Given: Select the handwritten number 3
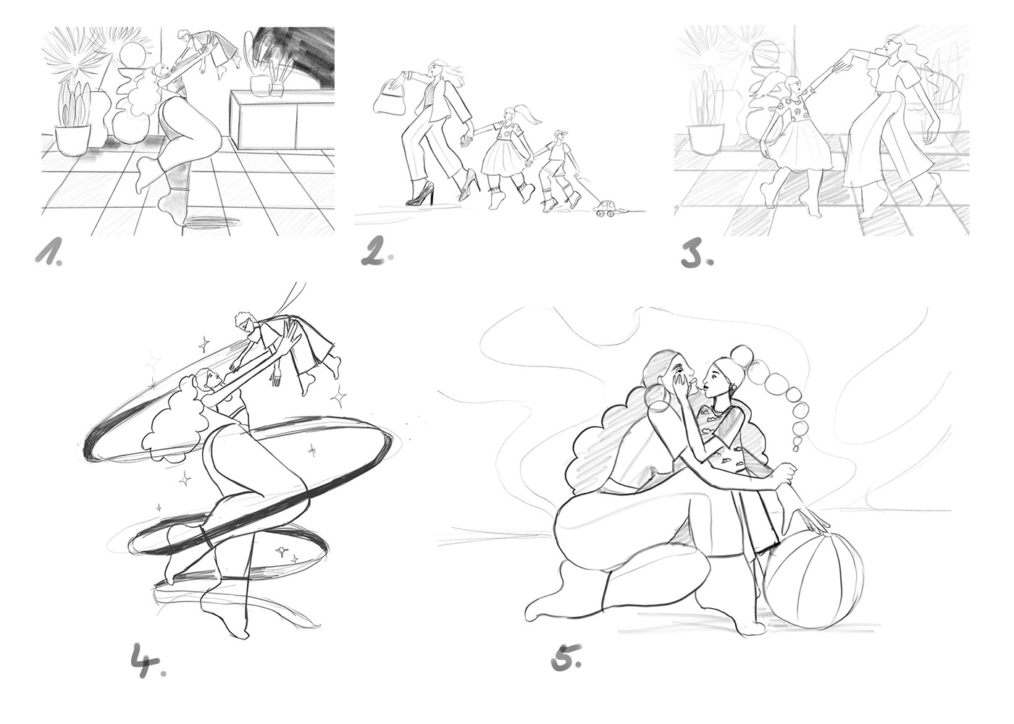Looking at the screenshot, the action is tap(697, 256).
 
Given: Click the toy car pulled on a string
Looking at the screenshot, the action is tap(605, 209).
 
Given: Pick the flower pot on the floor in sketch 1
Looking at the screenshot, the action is tap(71, 140).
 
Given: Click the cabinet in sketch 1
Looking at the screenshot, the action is tap(282, 120).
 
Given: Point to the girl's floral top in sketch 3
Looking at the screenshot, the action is tap(791, 111).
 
